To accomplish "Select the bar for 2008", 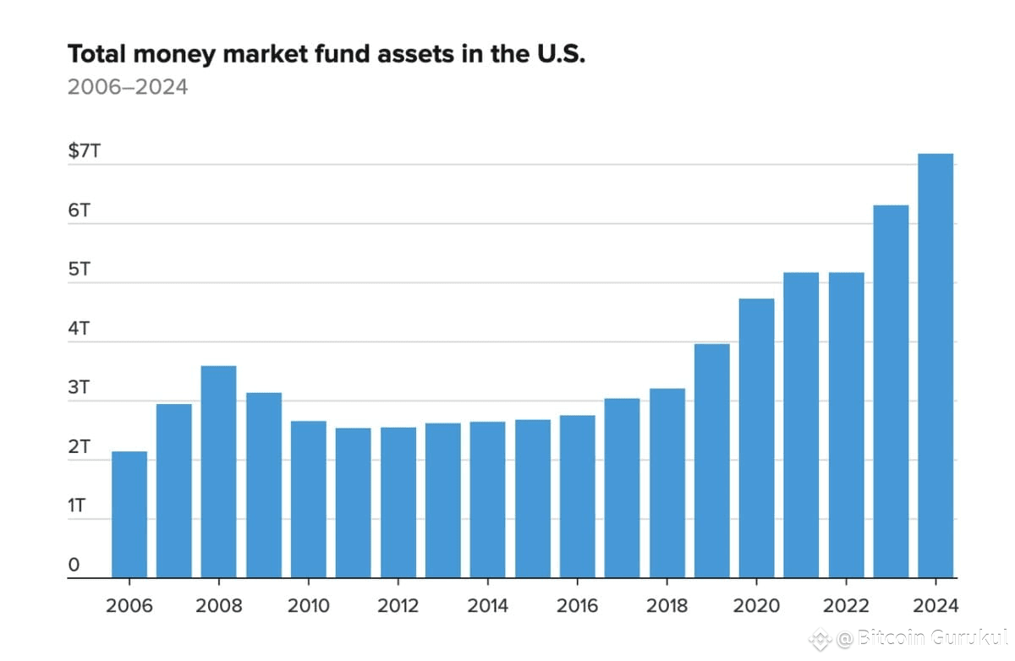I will (x=218, y=472).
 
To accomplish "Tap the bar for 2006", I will (x=129, y=515).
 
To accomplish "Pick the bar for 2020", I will (x=756, y=438).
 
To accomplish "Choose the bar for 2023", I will (x=891, y=391).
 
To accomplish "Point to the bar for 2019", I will (x=711, y=461).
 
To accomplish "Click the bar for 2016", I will (x=577, y=496).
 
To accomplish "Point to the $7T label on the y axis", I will (x=84, y=151).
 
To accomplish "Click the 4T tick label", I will (x=79, y=329).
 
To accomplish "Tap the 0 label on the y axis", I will (x=74, y=565).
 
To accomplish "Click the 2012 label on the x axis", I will (x=398, y=606).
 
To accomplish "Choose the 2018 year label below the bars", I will (x=667, y=606).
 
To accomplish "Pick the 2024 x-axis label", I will (x=935, y=606).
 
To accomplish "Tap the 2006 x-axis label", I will (x=129, y=606).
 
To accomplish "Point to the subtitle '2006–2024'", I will (x=127, y=86).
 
